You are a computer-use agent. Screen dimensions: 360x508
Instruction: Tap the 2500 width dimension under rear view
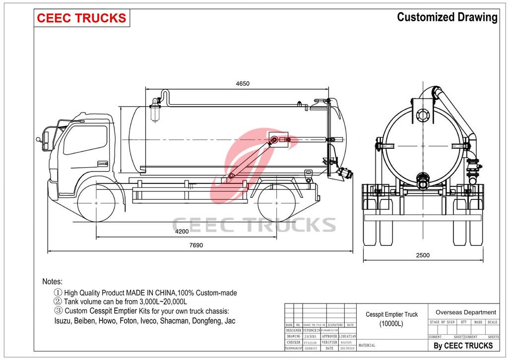423,255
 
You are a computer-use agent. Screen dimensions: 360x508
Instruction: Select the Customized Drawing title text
447,17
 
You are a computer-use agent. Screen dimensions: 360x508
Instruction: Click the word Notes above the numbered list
52,281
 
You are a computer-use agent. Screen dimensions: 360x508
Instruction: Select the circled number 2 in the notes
58,301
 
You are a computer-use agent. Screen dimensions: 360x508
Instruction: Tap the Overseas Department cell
465,312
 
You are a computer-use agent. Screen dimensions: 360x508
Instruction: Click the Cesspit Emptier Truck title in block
391,314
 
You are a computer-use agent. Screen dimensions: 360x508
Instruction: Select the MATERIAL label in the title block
367,345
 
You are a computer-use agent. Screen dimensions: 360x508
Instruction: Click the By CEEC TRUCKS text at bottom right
463,346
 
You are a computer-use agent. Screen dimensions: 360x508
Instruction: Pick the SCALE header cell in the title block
492,322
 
